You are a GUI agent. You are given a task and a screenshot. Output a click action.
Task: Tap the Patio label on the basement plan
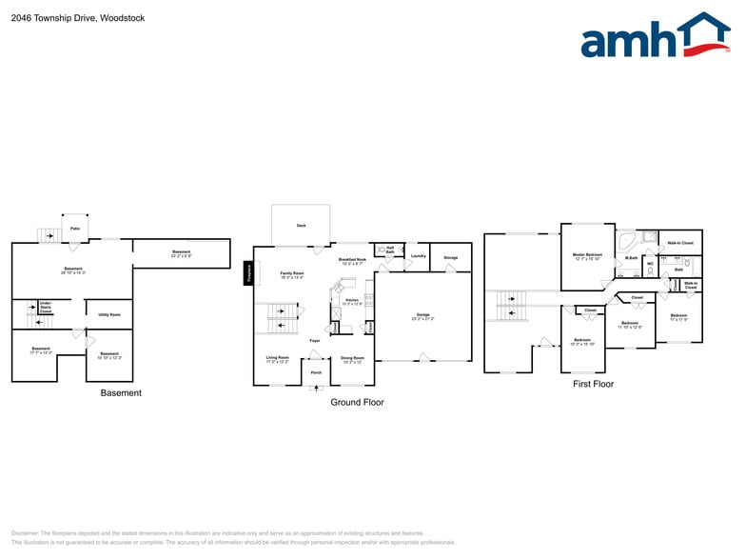[x=74, y=229]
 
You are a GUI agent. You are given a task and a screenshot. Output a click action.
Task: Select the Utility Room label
[x=109, y=314]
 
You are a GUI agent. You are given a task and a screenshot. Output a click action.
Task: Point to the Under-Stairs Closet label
[x=45, y=308]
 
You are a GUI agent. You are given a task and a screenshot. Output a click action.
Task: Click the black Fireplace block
[x=248, y=274]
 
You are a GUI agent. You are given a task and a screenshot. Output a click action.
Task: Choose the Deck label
[x=301, y=226]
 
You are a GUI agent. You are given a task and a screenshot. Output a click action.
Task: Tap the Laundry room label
[x=418, y=256]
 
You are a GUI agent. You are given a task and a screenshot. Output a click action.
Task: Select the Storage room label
[x=450, y=257]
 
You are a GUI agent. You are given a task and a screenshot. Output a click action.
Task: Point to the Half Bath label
[x=390, y=250]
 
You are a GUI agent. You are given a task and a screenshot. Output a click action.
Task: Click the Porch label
[x=316, y=372]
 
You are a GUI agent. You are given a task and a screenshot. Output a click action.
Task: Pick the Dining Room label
[x=352, y=360]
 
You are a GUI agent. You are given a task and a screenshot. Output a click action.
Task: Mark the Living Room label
[x=277, y=360]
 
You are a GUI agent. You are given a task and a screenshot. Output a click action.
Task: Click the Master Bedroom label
[x=587, y=255]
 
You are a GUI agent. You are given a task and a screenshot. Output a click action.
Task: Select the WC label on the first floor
[x=650, y=264]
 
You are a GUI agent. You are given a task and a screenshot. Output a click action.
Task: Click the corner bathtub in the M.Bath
[x=626, y=240]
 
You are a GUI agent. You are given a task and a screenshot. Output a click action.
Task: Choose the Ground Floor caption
[x=357, y=402]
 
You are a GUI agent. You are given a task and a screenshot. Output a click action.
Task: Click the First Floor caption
[x=593, y=384]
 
